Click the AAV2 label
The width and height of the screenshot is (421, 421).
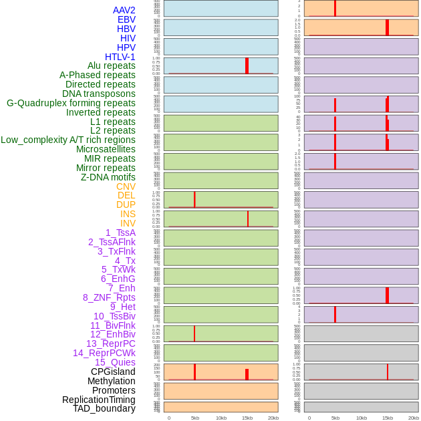tap(124, 10)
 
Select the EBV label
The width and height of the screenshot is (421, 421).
tap(126, 19)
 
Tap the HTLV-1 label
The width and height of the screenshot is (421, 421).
tap(120, 57)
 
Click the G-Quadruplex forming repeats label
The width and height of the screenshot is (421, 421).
tap(71, 103)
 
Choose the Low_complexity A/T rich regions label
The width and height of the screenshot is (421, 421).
tap(68, 140)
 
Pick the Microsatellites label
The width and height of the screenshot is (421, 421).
tap(106, 149)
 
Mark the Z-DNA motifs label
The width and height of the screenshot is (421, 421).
tap(108, 177)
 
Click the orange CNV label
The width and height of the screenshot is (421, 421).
tap(126, 186)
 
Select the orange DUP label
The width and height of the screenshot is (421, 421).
tap(126, 204)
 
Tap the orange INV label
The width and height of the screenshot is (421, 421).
tap(128, 223)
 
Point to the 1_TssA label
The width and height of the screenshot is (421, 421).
tap(120, 233)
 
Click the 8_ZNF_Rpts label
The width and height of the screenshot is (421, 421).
tap(109, 297)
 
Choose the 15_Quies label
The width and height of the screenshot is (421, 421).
tap(115, 362)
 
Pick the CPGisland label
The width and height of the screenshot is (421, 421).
tap(113, 372)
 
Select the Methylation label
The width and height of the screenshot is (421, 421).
tap(111, 381)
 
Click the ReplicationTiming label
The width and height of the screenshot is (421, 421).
tap(99, 400)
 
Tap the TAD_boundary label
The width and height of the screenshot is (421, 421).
tap(104, 408)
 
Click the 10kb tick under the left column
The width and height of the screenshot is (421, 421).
tap(221, 418)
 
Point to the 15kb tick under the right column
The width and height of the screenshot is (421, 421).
tap(388, 418)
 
